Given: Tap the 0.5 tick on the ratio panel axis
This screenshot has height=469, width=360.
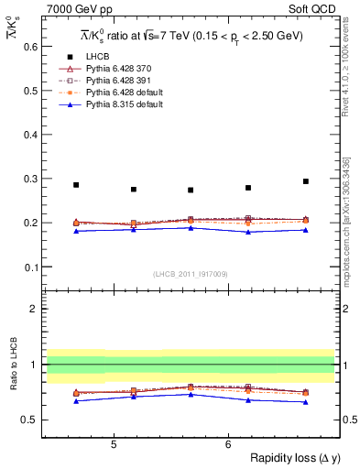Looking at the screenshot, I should coord(31,420).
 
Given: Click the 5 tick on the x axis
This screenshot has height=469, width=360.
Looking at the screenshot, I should coord(113,444).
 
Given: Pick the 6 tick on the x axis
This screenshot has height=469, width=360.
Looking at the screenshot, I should coord(228,444).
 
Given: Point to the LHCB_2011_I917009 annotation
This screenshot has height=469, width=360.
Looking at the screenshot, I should coord(191,274).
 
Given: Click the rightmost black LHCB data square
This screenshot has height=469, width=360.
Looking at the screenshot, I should coord(306,181).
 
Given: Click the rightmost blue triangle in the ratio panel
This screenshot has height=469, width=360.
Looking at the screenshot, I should coord(306,402).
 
